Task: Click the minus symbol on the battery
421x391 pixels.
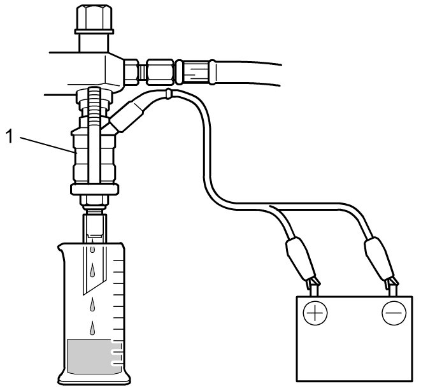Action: (392, 313)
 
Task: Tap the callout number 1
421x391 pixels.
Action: (8, 135)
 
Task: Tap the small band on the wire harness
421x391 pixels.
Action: (167, 95)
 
